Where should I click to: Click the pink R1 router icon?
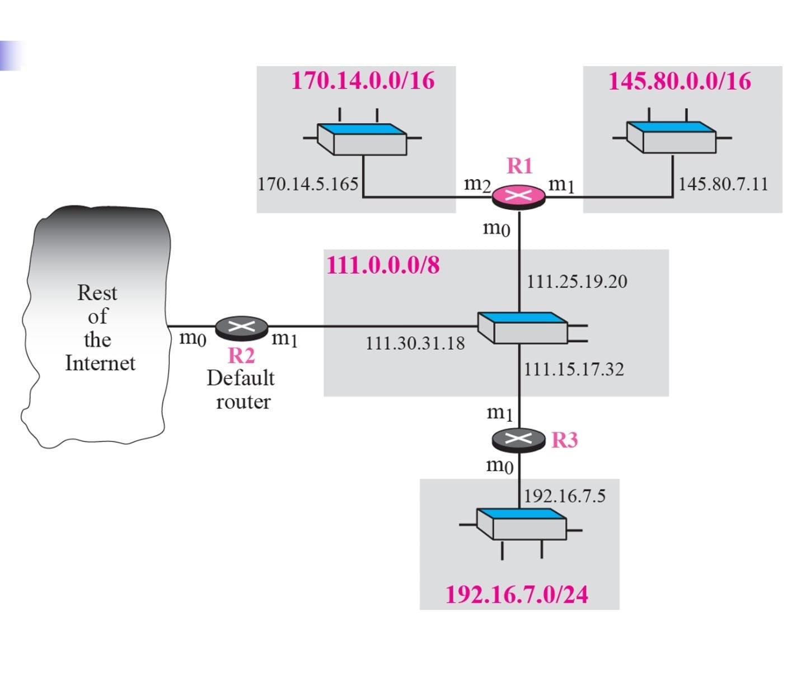click(518, 196)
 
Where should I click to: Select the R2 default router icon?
click(242, 327)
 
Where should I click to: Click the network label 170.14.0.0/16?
click(363, 80)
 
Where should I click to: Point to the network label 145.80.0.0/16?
click(680, 81)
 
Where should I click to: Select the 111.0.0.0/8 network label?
click(383, 265)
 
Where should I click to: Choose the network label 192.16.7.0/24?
click(517, 594)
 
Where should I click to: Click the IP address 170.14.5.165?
click(308, 183)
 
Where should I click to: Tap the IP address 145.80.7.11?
click(723, 183)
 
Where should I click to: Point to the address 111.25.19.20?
click(577, 281)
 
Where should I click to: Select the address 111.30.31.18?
click(415, 343)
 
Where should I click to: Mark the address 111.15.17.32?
click(574, 369)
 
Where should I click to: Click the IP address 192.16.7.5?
click(564, 496)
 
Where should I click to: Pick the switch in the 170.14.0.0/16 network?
click(362, 139)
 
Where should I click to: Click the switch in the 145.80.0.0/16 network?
click(671, 137)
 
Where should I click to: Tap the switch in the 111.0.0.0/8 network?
click(523, 327)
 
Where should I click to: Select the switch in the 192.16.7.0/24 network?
click(521, 524)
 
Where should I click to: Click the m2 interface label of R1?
click(477, 183)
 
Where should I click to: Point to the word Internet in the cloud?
click(100, 363)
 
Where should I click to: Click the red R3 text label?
click(564, 440)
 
